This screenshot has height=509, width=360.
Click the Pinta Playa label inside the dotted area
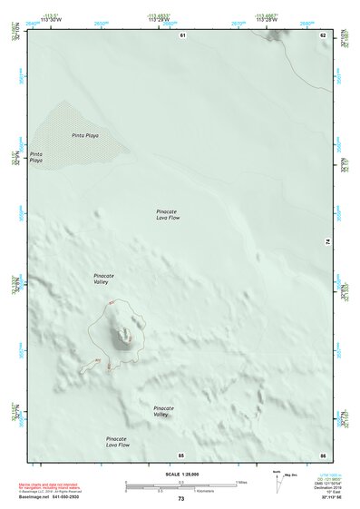(x=85, y=135)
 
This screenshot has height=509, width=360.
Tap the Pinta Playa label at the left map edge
(x=36, y=157)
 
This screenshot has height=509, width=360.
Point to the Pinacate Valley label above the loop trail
(x=105, y=278)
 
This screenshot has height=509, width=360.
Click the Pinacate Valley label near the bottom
(x=163, y=411)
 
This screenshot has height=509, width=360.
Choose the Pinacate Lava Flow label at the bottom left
(x=118, y=442)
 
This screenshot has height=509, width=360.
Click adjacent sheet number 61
(x=182, y=35)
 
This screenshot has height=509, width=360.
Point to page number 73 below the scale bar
(x=180, y=498)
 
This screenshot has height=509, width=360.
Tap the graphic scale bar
(x=180, y=484)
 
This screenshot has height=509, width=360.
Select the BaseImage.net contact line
(x=54, y=497)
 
